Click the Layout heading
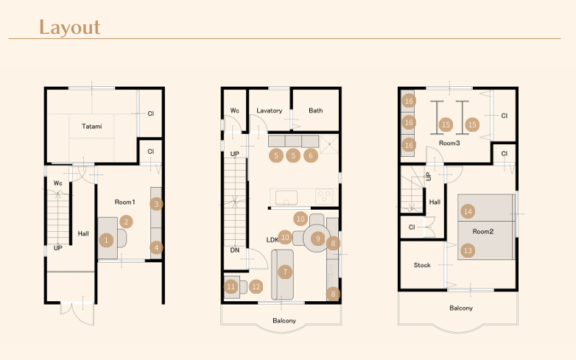[x=70, y=27]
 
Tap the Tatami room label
[x=92, y=126]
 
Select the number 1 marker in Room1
[x=107, y=240]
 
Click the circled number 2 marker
[x=126, y=222]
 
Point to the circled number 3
[x=156, y=204]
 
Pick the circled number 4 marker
[x=156, y=247]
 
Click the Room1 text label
[x=125, y=202]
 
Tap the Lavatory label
[x=270, y=110]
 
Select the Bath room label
[x=316, y=110]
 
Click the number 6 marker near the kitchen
[x=311, y=155]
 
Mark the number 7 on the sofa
[x=285, y=272]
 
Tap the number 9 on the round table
[x=318, y=239]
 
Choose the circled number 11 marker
[x=231, y=286]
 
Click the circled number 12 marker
[x=256, y=286]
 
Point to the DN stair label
[x=235, y=250]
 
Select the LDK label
[x=273, y=240]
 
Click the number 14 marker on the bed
[x=468, y=211]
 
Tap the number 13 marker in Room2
[x=468, y=250]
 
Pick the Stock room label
[x=422, y=265]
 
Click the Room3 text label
[x=449, y=143]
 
